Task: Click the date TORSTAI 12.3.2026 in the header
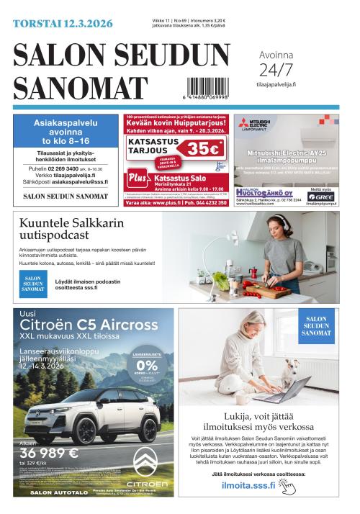coord(63,24)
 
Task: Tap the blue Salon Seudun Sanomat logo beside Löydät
coord(32,284)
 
